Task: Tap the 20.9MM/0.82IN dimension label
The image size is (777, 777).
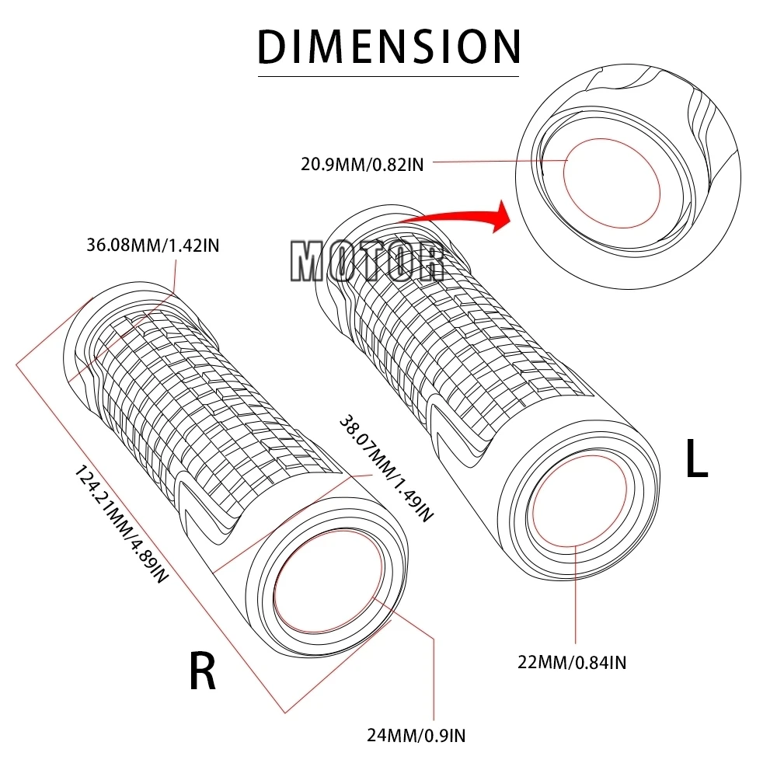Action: tap(362, 164)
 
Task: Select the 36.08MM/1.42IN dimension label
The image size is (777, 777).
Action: tap(153, 246)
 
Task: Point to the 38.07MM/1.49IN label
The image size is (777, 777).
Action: tap(385, 466)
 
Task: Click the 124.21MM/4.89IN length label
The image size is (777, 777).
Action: tap(121, 525)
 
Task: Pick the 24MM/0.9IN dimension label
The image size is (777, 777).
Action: tap(416, 733)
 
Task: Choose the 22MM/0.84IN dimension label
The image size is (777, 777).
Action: tap(573, 662)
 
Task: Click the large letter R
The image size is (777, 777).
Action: tap(203, 671)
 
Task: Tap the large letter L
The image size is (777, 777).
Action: tap(696, 460)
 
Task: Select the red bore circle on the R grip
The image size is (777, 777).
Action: tap(329, 583)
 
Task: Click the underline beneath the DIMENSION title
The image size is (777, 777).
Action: tap(388, 76)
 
